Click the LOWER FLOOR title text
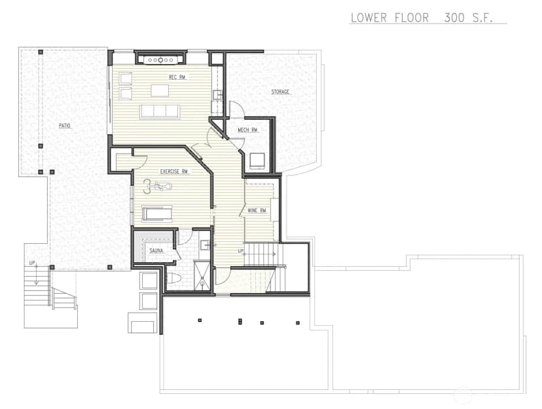point(389,18)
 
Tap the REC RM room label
point(177,77)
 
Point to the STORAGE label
point(280,92)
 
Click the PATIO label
point(65,126)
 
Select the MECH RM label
point(247,130)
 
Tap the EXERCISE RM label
point(174,171)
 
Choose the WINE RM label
point(257,210)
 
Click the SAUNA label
point(156,250)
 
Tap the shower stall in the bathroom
point(202,275)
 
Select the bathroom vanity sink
point(206,244)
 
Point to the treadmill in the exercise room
point(157,214)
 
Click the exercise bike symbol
point(158,187)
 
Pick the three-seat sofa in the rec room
point(160,111)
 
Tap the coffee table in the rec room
point(160,90)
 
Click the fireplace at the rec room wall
point(161,59)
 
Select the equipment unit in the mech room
point(257,161)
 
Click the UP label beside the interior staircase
point(241,251)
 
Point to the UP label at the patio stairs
point(32,263)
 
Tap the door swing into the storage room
point(237,108)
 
